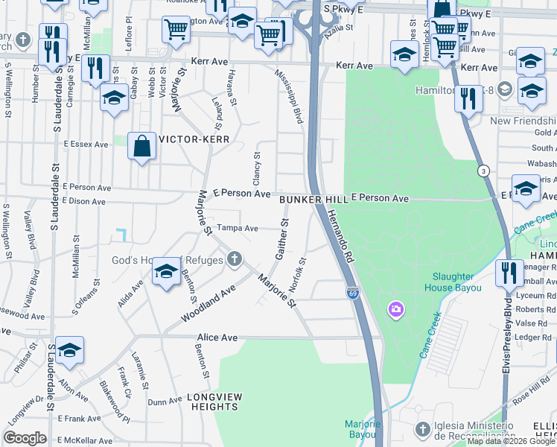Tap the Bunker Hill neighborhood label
click(313, 200)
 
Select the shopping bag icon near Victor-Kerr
click(141, 148)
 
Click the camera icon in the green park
click(395, 308)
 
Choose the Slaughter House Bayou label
click(454, 282)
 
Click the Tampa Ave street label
click(237, 228)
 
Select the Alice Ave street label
click(217, 337)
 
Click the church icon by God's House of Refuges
click(235, 259)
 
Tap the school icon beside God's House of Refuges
click(166, 272)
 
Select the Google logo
click(25, 438)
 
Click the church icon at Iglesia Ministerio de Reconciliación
click(422, 429)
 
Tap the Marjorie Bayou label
click(363, 429)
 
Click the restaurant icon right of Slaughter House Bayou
click(509, 272)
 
